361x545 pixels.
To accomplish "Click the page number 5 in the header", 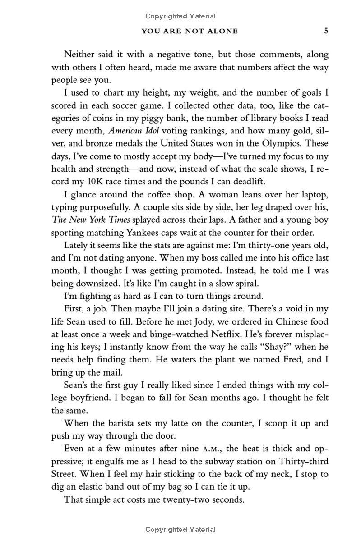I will [326, 31].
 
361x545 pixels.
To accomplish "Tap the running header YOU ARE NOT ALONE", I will [190, 31].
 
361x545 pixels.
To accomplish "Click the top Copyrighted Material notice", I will [180, 16].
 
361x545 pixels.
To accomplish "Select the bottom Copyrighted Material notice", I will [180, 530].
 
